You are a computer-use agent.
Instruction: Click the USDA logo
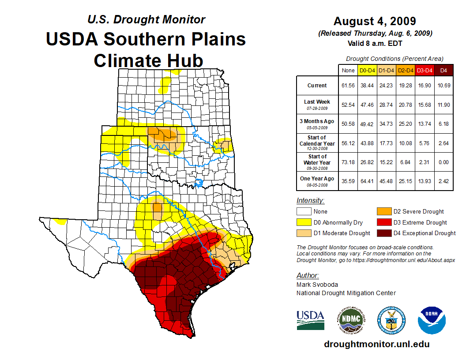(310, 320)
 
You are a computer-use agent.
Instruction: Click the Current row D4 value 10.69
(443, 86)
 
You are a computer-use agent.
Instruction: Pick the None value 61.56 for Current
(348, 86)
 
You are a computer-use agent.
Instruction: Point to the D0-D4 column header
(367, 70)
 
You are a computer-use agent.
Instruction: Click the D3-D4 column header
(425, 70)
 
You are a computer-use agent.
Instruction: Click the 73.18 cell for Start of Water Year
(348, 162)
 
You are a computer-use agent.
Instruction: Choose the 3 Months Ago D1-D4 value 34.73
(387, 124)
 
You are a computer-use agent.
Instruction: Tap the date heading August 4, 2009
(375, 21)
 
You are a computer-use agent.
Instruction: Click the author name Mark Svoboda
(317, 285)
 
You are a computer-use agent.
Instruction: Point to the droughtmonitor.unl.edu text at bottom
(376, 344)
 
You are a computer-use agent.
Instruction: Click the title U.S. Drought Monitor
(146, 20)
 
